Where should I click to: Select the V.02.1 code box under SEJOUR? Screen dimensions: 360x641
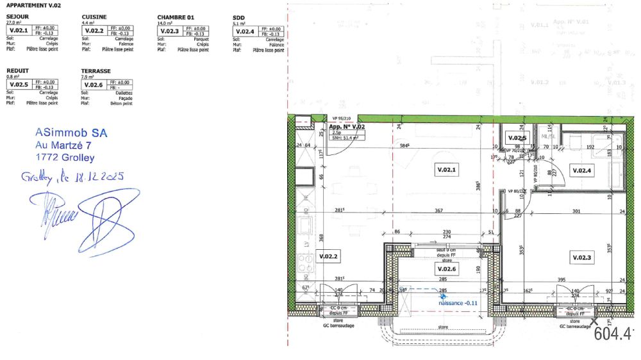18,31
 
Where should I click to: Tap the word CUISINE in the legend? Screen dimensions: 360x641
94,17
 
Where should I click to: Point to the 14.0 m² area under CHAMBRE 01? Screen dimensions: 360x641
165,22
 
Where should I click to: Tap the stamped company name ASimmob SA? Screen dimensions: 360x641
71,133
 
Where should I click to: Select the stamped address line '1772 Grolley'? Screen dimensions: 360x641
65,157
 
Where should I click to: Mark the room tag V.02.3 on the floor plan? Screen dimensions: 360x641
579,257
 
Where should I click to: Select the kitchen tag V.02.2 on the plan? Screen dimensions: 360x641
328,257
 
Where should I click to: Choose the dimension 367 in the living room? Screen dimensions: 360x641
438,211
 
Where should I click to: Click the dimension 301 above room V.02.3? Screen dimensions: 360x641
575,211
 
